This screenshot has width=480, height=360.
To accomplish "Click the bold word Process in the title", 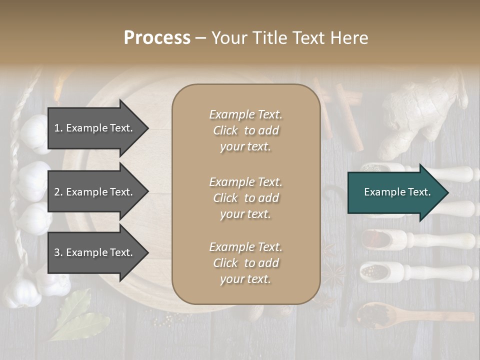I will pyautogui.click(x=157, y=38).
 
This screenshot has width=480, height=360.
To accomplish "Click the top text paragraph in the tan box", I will pyautogui.click(x=245, y=130).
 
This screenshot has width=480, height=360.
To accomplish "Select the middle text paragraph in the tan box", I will pyautogui.click(x=245, y=198).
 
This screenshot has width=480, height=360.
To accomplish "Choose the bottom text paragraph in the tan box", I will pyautogui.click(x=245, y=263).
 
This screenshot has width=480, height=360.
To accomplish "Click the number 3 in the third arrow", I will pyautogui.click(x=57, y=253).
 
